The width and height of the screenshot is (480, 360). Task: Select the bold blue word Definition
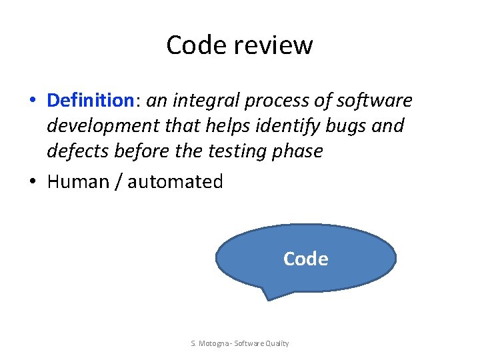pyautogui.click(x=91, y=101)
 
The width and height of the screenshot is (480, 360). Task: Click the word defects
pyautogui.click(x=78, y=151)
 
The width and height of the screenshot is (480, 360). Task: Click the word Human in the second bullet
pyautogui.click(x=79, y=181)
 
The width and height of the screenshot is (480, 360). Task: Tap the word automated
pyautogui.click(x=175, y=181)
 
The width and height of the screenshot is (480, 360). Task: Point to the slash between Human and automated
pyautogui.click(x=119, y=181)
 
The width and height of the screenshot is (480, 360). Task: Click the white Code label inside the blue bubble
pyautogui.click(x=305, y=259)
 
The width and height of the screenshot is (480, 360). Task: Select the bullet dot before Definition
pyautogui.click(x=32, y=101)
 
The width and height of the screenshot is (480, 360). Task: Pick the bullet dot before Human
pyautogui.click(x=32, y=182)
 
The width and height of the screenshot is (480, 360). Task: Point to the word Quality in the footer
pyautogui.click(x=276, y=343)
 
